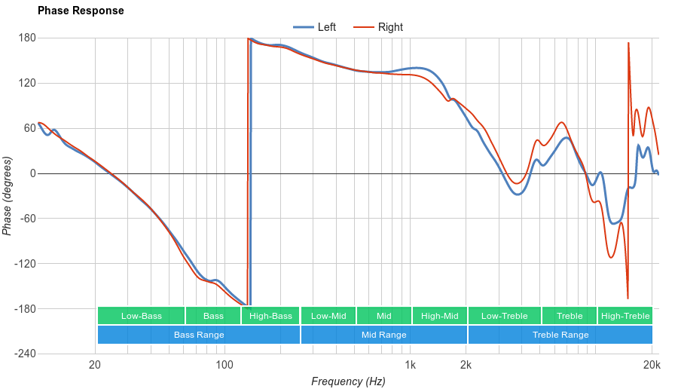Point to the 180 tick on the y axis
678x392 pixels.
click(x=27, y=38)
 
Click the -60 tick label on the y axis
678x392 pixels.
click(x=27, y=219)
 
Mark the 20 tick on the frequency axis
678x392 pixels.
click(x=95, y=366)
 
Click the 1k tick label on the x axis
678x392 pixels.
click(x=410, y=366)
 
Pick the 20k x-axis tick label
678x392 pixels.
click(x=652, y=366)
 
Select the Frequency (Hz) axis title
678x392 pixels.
click(x=348, y=381)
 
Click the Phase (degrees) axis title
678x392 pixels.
click(x=8, y=196)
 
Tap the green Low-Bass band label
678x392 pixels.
click(x=141, y=316)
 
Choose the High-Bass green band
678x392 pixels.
click(x=270, y=316)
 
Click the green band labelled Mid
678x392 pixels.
click(x=384, y=316)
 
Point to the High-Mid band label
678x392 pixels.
click(x=439, y=316)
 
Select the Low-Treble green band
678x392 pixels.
click(x=504, y=316)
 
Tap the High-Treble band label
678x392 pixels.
click(x=625, y=316)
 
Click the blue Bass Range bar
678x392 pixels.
click(x=199, y=335)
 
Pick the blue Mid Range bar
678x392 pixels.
click(x=384, y=335)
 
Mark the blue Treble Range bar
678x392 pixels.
click(x=560, y=335)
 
